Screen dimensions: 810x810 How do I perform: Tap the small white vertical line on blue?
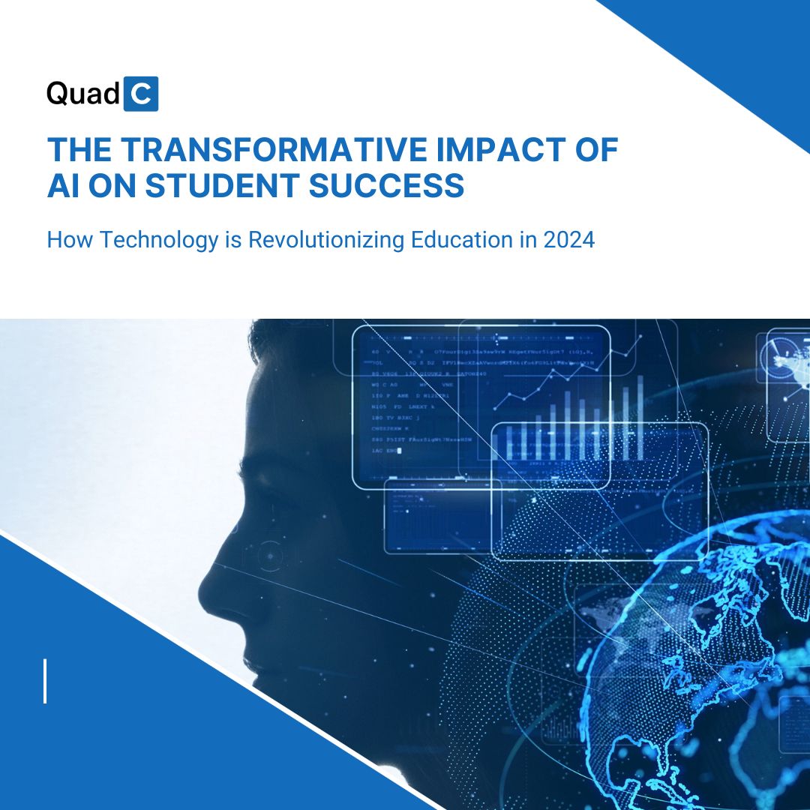click(x=45, y=681)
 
